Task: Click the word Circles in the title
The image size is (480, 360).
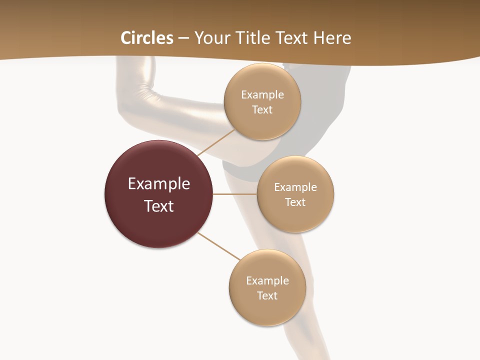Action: (x=147, y=38)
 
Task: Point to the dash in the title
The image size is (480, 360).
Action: (x=183, y=38)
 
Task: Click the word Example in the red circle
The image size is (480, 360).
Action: (x=159, y=184)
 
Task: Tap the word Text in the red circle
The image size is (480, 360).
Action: (x=159, y=206)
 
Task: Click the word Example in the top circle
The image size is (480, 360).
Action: (x=262, y=95)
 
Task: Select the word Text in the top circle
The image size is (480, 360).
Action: (x=262, y=110)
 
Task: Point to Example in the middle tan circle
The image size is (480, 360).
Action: (x=295, y=187)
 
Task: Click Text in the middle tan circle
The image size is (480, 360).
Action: (x=295, y=202)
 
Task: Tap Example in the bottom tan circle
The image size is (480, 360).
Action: (x=267, y=281)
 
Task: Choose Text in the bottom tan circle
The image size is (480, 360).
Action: (x=267, y=296)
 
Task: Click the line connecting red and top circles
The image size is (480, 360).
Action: (x=217, y=142)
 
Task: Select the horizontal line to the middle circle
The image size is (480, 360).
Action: (x=235, y=194)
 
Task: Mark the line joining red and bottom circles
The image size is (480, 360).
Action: (x=219, y=246)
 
